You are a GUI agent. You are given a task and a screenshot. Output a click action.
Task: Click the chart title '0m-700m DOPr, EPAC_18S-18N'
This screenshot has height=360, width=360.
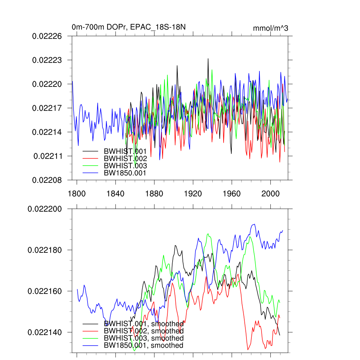126,27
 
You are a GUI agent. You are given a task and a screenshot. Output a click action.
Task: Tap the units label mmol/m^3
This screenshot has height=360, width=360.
270,28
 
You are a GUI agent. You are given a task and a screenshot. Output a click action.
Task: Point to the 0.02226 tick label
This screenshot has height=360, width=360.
47,36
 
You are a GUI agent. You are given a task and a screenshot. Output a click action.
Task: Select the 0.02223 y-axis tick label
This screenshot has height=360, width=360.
47,60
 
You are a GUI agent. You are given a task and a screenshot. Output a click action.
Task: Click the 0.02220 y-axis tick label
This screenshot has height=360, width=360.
47,84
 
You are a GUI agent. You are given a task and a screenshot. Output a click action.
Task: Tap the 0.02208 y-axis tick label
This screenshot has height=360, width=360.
47,180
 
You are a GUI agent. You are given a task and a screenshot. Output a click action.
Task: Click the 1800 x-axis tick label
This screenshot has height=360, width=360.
77,194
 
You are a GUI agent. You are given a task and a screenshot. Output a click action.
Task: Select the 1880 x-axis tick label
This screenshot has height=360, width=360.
154,194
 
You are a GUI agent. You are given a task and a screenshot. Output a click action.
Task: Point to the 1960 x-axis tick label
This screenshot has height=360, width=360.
232,194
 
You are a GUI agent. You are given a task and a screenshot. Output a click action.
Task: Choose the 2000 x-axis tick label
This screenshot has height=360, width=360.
270,194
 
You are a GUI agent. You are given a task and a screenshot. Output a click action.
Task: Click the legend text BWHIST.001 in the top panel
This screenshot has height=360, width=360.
125,151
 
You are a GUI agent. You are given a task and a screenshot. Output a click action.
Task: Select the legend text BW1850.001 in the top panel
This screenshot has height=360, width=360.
125,173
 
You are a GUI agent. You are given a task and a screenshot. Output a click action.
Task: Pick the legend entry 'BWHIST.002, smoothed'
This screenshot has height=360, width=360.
143,331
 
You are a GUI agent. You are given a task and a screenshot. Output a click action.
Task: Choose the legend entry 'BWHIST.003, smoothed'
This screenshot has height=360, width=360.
143,338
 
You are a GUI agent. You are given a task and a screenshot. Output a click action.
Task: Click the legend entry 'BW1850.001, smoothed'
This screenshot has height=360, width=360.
143,346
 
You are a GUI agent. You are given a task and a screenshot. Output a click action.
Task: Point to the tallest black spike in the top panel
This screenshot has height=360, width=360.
208,59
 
